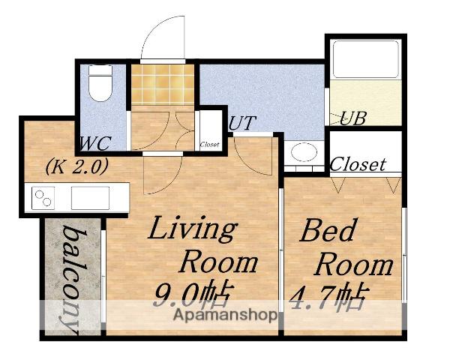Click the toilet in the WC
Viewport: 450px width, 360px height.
click(x=100, y=83)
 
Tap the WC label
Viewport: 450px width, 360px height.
click(x=94, y=143)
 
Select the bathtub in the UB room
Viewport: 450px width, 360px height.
click(x=366, y=59)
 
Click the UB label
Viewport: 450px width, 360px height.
click(x=353, y=118)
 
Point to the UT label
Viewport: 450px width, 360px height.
click(x=241, y=123)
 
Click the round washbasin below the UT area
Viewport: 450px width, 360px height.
click(x=304, y=151)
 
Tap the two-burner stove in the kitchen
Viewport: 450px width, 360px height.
click(x=43, y=198)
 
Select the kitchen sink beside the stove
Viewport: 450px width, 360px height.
click(x=90, y=198)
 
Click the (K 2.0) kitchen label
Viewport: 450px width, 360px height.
click(x=77, y=166)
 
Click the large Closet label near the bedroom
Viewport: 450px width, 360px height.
click(x=358, y=164)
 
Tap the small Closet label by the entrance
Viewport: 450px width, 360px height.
click(x=209, y=145)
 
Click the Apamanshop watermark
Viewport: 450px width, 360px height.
click(x=226, y=315)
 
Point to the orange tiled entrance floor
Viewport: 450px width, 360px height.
click(x=163, y=85)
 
